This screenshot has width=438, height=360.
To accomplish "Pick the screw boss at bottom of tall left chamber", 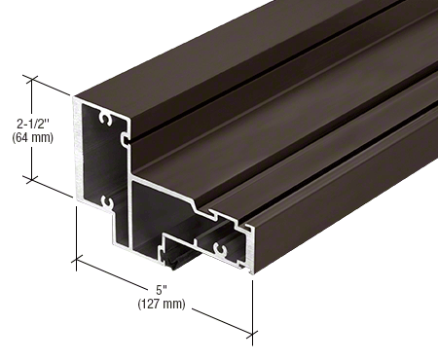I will point(104,202).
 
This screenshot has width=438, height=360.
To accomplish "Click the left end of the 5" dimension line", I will point(77,259).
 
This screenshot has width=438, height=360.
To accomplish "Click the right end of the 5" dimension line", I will point(252,336).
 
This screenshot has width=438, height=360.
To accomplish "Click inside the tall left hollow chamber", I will point(101,161).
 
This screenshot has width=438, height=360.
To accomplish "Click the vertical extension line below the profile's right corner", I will point(254,306).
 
